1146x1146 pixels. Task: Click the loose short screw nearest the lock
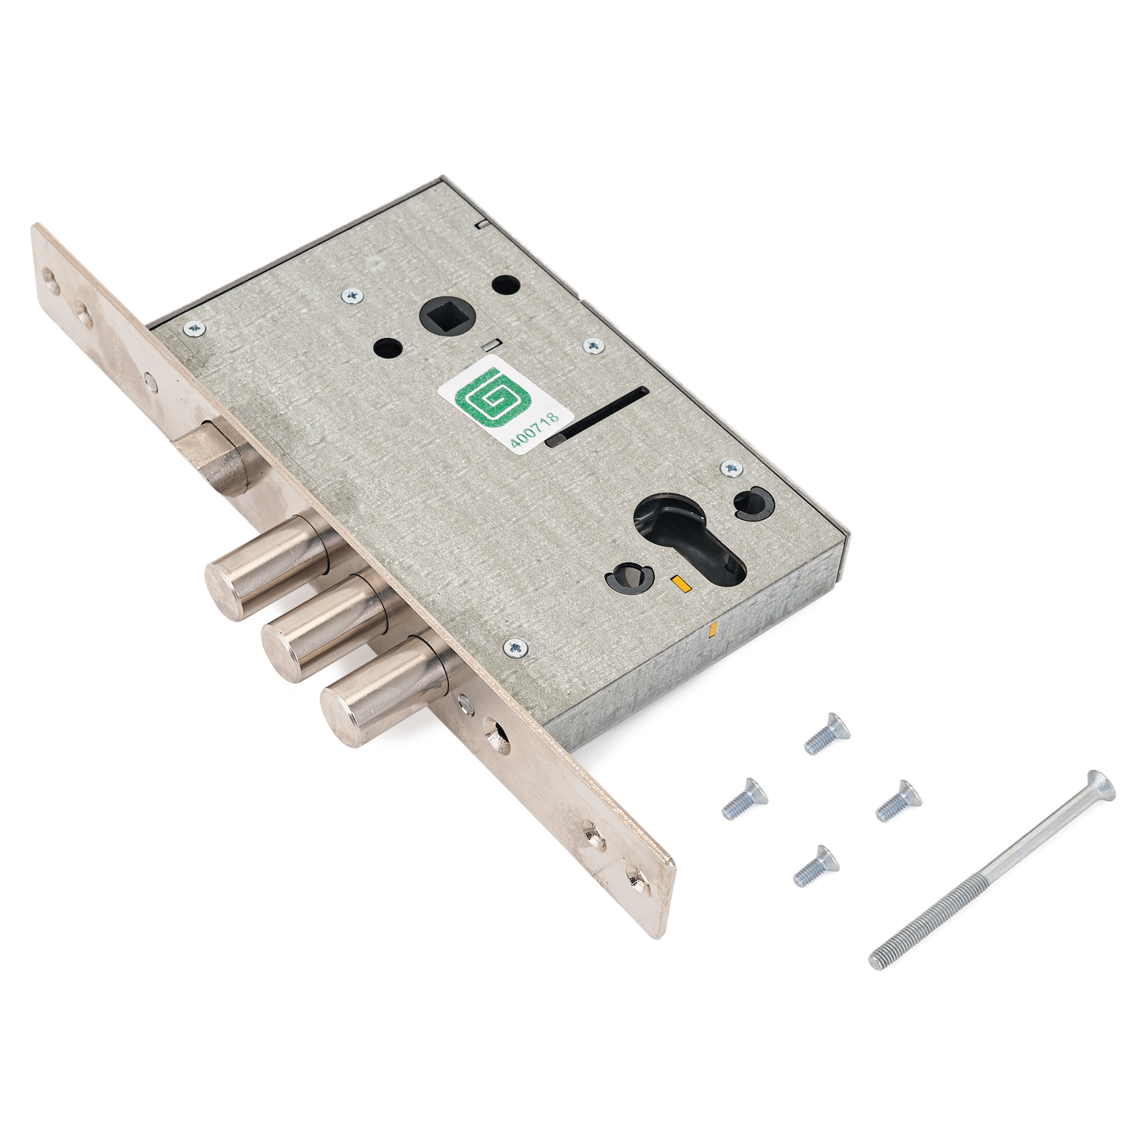(x=827, y=734)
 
